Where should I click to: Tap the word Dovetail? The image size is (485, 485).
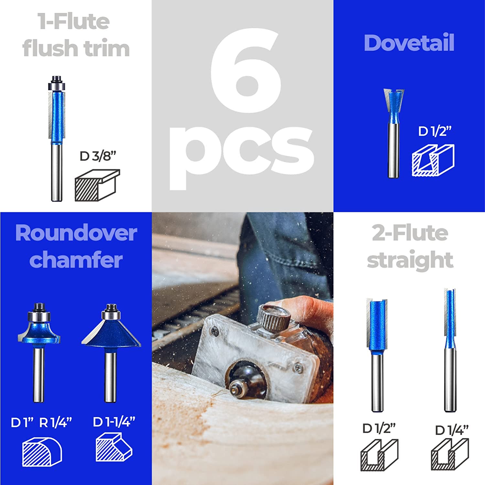(409, 43)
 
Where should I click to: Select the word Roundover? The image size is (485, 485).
(76, 233)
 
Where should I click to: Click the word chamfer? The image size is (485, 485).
(76, 260)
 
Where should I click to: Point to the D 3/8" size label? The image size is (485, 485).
(98, 156)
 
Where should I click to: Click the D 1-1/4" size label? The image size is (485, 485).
(114, 422)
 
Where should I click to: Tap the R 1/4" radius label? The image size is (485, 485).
(55, 423)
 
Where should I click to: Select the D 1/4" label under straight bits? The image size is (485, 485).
(451, 430)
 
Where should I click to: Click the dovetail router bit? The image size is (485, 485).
(394, 133)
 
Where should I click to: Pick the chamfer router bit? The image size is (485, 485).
(111, 349)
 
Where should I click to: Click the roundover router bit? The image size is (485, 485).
(39, 349)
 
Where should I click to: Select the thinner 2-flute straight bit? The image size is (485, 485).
(450, 349)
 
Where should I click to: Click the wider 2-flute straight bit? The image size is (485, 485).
(377, 353)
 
